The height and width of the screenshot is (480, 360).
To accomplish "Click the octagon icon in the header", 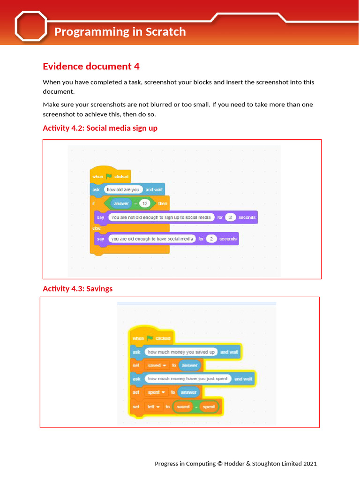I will tap(31, 26).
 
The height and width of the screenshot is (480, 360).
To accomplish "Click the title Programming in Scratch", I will tap(120, 32).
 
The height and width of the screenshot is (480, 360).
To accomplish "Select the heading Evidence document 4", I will tap(91, 66).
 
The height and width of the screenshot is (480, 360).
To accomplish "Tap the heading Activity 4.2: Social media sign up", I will tap(100, 128).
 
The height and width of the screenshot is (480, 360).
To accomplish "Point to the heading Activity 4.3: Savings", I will tap(78, 289).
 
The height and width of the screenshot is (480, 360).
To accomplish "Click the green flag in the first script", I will tap(109, 176).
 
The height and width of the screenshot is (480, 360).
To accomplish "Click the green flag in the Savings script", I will tap(150, 338).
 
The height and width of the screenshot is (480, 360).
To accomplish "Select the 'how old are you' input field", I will tap(123, 190).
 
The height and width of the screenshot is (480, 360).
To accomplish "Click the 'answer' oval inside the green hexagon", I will tap(121, 204).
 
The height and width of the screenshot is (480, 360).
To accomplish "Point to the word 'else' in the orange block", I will tap(97, 228).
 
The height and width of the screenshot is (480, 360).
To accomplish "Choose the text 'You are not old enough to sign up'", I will tap(161, 217).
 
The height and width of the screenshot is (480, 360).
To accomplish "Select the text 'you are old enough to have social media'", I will tap(152, 239).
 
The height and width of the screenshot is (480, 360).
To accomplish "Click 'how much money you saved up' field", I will tap(180, 352).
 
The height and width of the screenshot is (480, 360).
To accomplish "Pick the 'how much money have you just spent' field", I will tap(187, 379).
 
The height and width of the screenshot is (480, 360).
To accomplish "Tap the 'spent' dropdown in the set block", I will tap(156, 392).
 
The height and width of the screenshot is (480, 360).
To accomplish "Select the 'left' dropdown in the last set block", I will tap(153, 407).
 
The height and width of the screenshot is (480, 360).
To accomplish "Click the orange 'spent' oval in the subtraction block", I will tap(209, 407).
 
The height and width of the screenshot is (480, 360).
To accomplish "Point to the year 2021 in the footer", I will tap(310, 464).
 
